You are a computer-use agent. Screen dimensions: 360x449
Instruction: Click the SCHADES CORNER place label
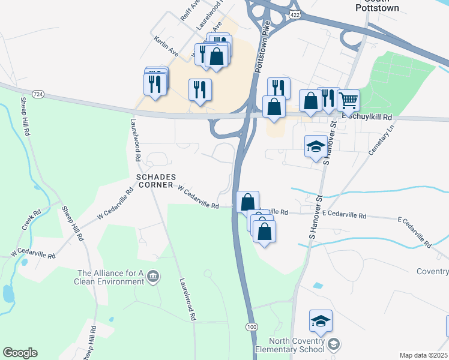[x=156, y=181]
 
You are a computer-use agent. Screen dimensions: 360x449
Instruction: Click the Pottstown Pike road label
[x=264, y=49]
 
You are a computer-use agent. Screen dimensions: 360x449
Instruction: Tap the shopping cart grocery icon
[x=349, y=100]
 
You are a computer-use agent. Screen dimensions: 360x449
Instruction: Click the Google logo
[x=20, y=353]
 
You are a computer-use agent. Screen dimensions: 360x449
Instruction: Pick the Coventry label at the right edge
[x=432, y=271]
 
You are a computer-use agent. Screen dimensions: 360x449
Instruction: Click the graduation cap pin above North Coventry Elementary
[x=321, y=322]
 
